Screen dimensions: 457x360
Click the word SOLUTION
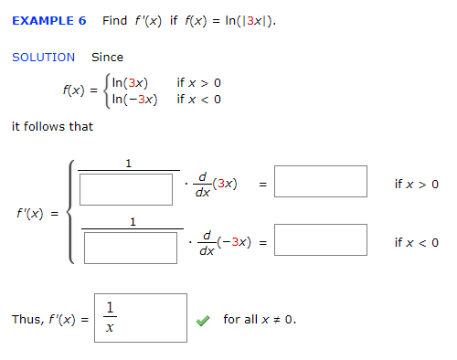[43, 57]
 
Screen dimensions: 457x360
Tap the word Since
[107, 57]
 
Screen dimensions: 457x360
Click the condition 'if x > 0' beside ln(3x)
[199, 83]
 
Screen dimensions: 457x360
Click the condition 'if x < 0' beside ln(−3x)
[199, 99]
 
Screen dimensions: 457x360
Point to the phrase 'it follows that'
[52, 126]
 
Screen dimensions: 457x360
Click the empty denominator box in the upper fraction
[126, 189]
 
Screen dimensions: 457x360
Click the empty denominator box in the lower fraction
[130, 247]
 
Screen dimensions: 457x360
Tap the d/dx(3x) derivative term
[218, 186]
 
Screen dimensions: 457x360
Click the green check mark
[205, 320]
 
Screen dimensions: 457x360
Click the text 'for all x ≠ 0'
[260, 319]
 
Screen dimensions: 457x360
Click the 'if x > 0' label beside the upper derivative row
[416, 184]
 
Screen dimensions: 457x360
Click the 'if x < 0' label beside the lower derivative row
[416, 242]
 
